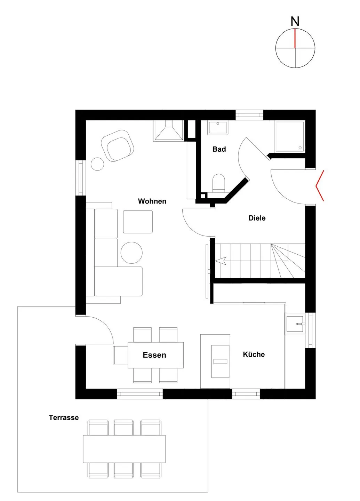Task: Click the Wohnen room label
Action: click(x=152, y=201)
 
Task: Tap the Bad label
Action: click(x=219, y=149)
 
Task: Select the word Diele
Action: click(x=257, y=218)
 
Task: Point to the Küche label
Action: click(x=254, y=354)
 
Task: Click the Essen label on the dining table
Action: click(x=154, y=355)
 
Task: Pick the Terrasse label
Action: click(x=64, y=417)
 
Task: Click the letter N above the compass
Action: click(x=295, y=22)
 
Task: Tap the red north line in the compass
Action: click(x=295, y=38)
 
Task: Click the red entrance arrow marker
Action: click(x=320, y=185)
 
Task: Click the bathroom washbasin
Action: click(x=218, y=128)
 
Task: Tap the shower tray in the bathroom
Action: click(x=289, y=136)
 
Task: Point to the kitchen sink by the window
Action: click(x=295, y=324)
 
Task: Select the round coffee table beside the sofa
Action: click(x=131, y=253)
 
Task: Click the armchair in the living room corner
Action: click(x=118, y=145)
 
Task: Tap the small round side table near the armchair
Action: click(x=97, y=164)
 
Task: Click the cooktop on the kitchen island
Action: click(x=220, y=361)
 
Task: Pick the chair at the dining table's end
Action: click(x=120, y=355)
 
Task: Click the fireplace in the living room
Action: click(x=168, y=130)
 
